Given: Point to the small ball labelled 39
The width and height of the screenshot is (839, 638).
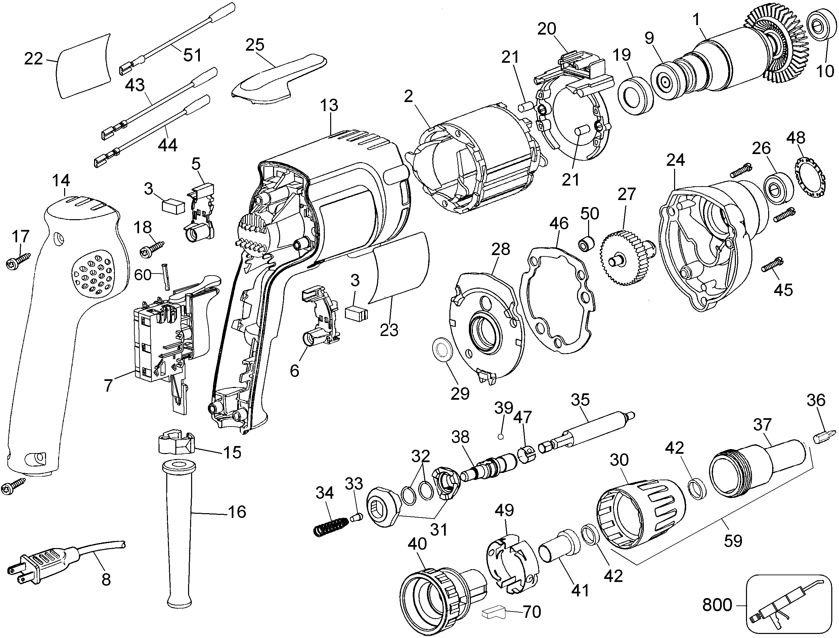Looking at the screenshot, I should [x=501, y=437].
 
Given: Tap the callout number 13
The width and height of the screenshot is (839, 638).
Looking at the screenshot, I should [x=329, y=105].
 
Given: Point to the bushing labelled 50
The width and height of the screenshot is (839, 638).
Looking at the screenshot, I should [x=585, y=243].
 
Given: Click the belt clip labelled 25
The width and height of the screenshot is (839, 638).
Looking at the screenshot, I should [x=279, y=81].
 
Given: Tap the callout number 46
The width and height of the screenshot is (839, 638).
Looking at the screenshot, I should [x=559, y=223].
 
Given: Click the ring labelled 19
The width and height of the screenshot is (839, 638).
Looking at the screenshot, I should [x=635, y=96].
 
